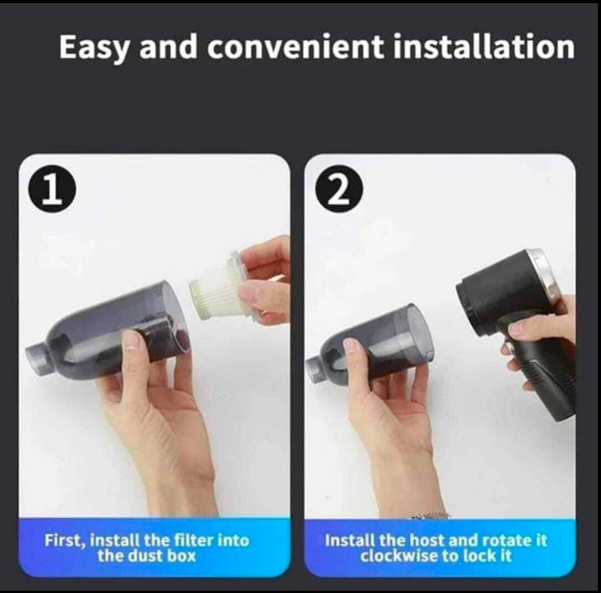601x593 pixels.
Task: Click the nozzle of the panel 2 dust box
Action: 316,367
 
